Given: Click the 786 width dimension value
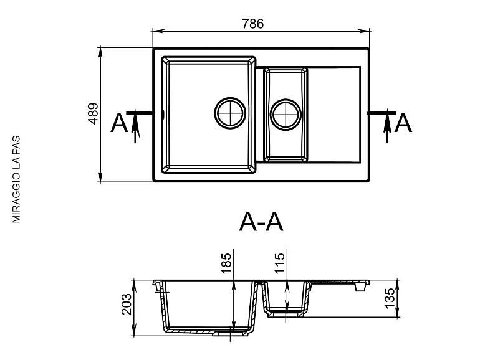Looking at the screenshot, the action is (252, 24).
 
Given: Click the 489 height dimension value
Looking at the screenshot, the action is (93, 113).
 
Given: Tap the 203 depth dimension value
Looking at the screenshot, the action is (126, 305).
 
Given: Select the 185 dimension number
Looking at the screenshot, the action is (226, 263).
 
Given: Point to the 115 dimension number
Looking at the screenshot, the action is (279, 263).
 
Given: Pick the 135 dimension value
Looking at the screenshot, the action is (390, 298).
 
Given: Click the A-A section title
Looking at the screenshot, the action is (261, 222).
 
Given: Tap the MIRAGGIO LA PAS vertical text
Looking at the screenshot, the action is (16, 179).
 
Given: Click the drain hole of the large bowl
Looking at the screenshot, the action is (230, 113).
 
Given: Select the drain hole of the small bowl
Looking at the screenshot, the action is (286, 115).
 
